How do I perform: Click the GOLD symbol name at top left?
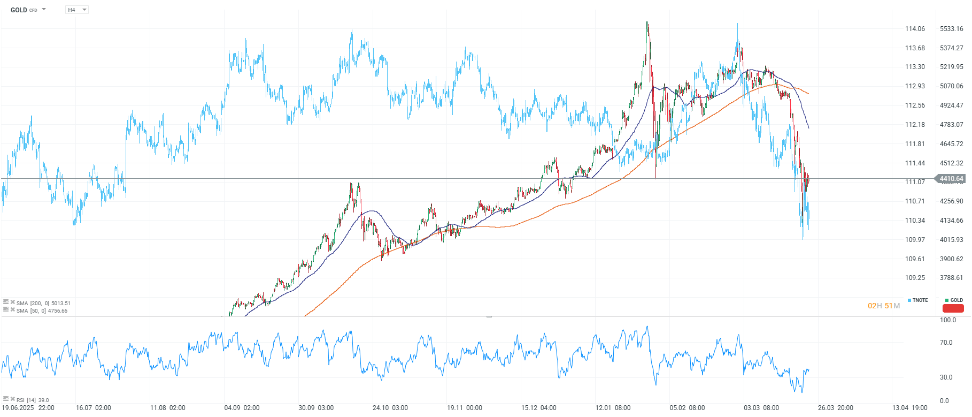[19, 10]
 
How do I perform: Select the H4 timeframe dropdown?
[76, 10]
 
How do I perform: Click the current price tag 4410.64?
[951, 179]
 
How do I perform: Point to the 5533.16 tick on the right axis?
[951, 29]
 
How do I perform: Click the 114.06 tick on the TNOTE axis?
[915, 29]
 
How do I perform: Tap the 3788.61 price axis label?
[951, 278]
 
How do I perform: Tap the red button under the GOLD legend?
[953, 308]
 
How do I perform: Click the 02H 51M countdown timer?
[883, 306]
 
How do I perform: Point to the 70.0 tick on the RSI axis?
[946, 343]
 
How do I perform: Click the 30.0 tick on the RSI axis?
[946, 377]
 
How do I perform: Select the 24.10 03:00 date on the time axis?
[390, 408]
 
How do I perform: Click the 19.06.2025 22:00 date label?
[28, 408]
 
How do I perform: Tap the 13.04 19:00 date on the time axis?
[909, 408]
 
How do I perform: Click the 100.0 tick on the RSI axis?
[947, 320]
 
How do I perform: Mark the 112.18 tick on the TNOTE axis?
[915, 125]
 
